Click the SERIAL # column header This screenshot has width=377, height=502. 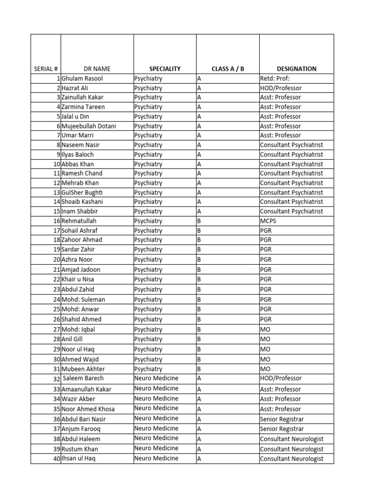point(46,69)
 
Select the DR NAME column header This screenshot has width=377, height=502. point(97,69)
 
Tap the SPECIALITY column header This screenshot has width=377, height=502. point(165,69)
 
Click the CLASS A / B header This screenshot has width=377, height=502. point(228,69)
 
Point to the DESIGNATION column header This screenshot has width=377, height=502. point(296,69)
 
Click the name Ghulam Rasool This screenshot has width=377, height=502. point(82,78)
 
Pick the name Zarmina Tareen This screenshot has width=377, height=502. point(83,107)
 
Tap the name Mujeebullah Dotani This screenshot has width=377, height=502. point(89,126)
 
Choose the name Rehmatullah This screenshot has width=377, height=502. point(79,221)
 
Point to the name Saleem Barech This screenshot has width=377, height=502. point(83,378)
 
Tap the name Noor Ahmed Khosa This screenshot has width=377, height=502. point(88,409)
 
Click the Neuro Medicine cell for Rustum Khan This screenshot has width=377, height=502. point(156,449)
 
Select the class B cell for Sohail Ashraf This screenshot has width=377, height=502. point(199,230)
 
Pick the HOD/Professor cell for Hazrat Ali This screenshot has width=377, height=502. point(281,88)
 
